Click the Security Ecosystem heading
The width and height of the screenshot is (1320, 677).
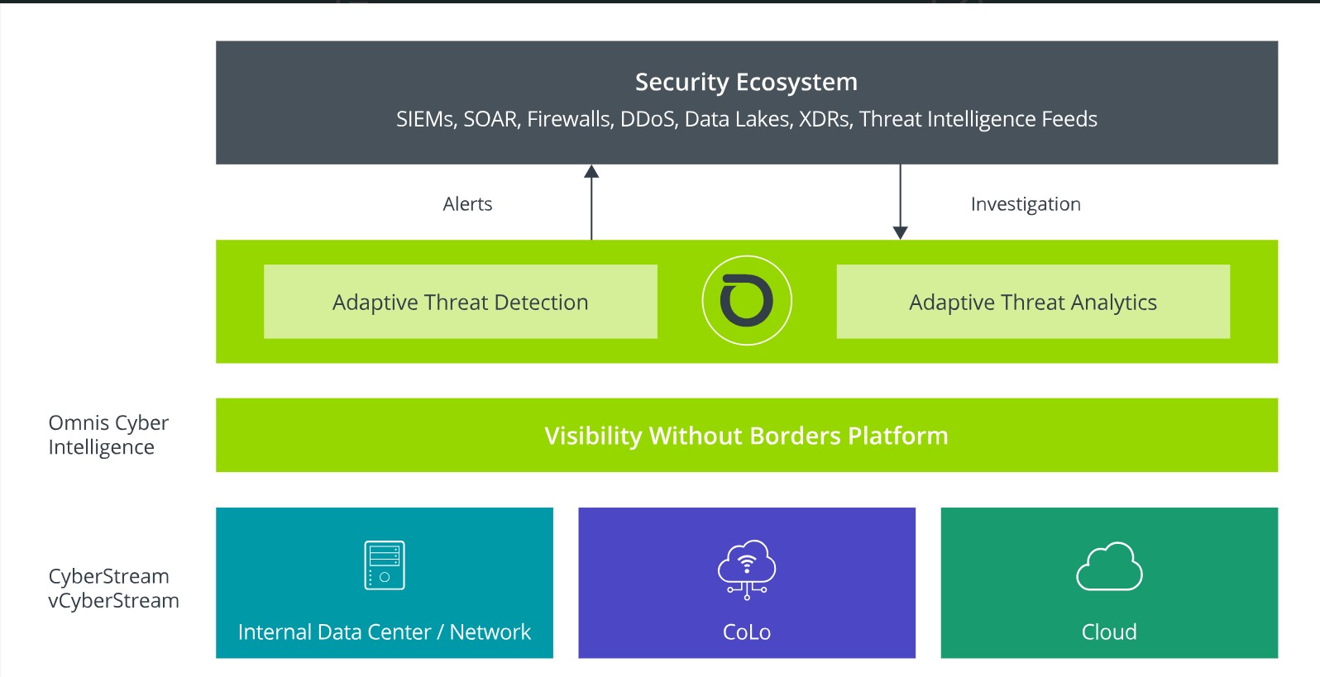pyautogui.click(x=746, y=83)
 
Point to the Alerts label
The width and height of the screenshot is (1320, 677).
pyautogui.click(x=467, y=204)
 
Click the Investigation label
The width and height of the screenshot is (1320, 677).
pyautogui.click(x=1026, y=204)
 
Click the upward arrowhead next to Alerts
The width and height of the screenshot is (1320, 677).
pyautogui.click(x=591, y=171)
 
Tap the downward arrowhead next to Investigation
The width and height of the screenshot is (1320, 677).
pyautogui.click(x=900, y=233)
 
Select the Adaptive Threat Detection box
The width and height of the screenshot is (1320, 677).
pyautogui.click(x=460, y=302)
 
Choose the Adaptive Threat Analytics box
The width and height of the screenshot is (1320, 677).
pyautogui.click(x=1033, y=302)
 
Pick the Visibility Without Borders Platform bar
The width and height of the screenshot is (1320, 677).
pyautogui.click(x=747, y=435)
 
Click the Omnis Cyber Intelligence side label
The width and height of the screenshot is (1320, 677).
pyautogui.click(x=108, y=435)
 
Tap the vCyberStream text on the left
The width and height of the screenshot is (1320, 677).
pyautogui.click(x=114, y=600)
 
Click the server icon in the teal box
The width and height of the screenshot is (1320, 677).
pyautogui.click(x=385, y=565)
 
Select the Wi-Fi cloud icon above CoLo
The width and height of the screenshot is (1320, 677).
pyautogui.click(x=747, y=570)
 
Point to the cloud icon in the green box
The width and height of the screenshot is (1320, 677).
pyautogui.click(x=1109, y=567)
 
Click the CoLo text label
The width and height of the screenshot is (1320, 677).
pyautogui.click(x=747, y=632)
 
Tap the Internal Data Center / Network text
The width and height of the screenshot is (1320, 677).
pyautogui.click(x=385, y=632)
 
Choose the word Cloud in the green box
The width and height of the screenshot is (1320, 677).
pyautogui.click(x=1109, y=632)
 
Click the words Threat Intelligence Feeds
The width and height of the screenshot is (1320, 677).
pyautogui.click(x=978, y=120)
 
